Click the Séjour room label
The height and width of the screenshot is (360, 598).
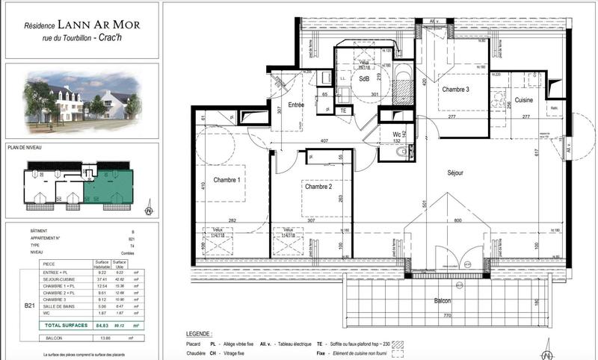tap(455, 173)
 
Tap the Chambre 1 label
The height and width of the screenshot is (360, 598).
tap(227, 181)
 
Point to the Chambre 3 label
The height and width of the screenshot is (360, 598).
tap(455, 90)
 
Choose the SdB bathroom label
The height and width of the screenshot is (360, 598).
tap(365, 78)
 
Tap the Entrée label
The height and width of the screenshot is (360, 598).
tap(295, 105)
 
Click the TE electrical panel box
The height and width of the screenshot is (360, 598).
tap(343, 111)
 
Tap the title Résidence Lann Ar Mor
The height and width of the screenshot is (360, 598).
tap(81, 25)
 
